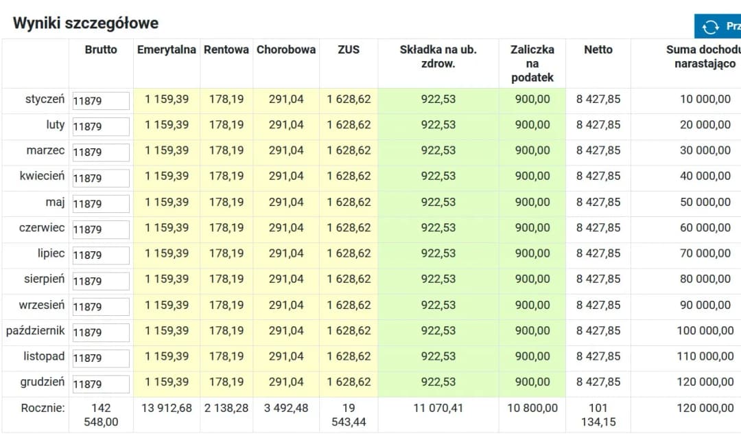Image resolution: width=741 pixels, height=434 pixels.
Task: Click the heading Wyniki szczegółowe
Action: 85,23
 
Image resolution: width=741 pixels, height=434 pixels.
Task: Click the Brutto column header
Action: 101,49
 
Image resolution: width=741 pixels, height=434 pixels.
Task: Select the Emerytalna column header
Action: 166,49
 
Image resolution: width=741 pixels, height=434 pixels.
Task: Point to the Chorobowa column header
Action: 286,49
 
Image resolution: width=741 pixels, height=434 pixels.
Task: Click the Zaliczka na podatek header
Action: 532,63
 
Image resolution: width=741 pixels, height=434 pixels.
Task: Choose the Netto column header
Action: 598,49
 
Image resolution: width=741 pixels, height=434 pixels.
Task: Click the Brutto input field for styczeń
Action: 101,101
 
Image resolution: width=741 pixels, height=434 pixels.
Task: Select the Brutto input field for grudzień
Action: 101,384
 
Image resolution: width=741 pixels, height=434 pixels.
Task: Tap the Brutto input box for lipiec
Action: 101,255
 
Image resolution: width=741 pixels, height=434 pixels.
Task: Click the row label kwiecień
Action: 42,176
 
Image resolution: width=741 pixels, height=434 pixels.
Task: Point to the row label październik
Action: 36,330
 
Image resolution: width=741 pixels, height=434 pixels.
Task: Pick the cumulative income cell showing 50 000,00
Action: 705,202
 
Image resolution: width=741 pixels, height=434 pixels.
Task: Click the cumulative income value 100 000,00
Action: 705,330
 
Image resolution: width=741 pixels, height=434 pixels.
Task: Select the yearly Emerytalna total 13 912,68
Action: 167,408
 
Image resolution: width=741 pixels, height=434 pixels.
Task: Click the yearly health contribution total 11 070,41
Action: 438,408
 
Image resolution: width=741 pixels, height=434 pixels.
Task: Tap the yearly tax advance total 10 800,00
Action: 532,408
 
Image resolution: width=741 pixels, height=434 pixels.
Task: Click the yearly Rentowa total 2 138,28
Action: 226,408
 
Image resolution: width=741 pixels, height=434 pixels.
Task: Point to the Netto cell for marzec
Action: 598,150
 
